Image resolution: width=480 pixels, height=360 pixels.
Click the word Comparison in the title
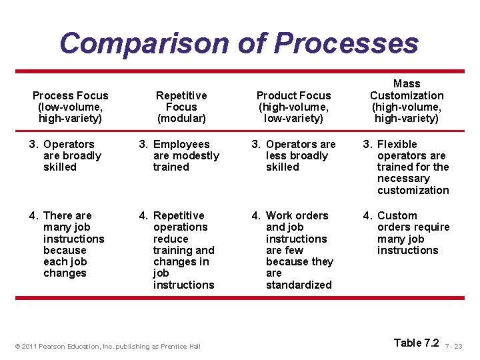click(143, 43)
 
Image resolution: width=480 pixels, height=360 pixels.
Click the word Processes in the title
click(346, 43)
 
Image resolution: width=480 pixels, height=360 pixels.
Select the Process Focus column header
click(70, 107)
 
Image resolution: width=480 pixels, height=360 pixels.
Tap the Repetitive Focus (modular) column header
click(181, 107)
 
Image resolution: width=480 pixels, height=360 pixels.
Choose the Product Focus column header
click(293, 107)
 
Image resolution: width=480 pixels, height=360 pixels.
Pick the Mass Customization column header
click(407, 101)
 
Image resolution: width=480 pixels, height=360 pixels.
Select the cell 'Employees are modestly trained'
click(179, 155)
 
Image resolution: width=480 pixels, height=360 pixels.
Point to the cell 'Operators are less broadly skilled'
click(294, 155)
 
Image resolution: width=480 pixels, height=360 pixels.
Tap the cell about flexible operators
click(407, 167)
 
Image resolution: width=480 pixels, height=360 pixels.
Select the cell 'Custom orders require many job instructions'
click(407, 233)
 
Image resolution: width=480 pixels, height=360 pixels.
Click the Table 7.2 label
click(416, 343)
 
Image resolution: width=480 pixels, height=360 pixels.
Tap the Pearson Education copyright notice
click(107, 347)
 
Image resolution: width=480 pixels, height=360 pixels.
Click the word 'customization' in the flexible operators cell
click(413, 190)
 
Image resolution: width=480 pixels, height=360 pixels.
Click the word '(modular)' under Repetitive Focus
click(181, 118)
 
